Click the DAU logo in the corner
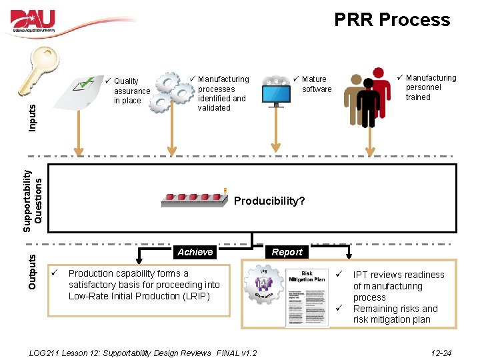pyautogui.click(x=33, y=20)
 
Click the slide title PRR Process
pyautogui.click(x=392, y=20)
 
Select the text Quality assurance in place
pyautogui.click(x=131, y=91)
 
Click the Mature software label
pyautogui.click(x=316, y=84)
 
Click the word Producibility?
pyautogui.click(x=269, y=201)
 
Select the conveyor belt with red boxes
pyautogui.click(x=193, y=199)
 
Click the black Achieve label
pyautogui.click(x=195, y=252)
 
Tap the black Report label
pyautogui.click(x=287, y=252)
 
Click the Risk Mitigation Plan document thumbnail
pyautogui.click(x=307, y=297)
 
